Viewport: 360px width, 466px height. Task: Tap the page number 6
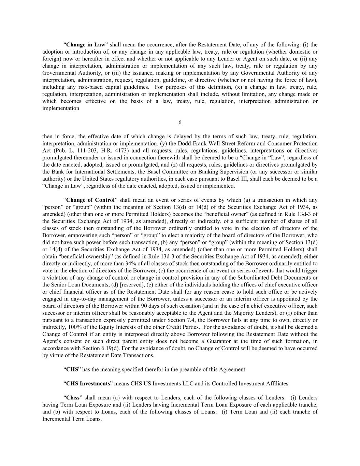pos(180,123)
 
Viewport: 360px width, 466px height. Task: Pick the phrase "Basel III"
pos(251,179)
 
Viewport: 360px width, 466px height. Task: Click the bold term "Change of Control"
pos(90,200)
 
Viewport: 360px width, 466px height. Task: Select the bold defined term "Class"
pos(73,398)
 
